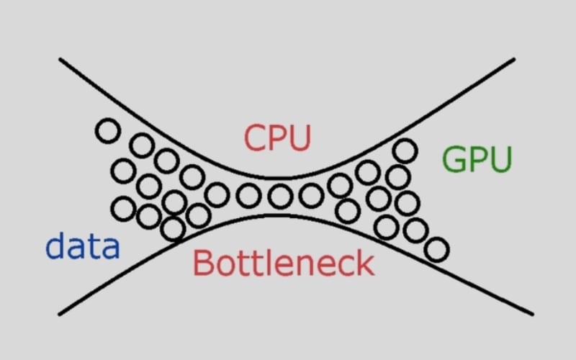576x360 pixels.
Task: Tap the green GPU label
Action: pyautogui.click(x=477, y=159)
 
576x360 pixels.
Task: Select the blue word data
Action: pyautogui.click(x=82, y=247)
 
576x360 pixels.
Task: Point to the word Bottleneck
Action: pyautogui.click(x=284, y=263)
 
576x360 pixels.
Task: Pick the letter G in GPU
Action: pyautogui.click(x=455, y=159)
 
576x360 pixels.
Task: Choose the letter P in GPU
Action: pyautogui.click(x=477, y=159)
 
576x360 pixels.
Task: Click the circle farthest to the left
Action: pyautogui.click(x=107, y=131)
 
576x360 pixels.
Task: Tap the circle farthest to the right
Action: pyautogui.click(x=436, y=250)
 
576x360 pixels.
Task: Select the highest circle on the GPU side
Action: pyautogui.click(x=405, y=150)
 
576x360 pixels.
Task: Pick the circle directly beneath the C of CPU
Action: pyautogui.click(x=248, y=194)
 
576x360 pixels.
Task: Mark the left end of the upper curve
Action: pyautogui.click(x=60, y=60)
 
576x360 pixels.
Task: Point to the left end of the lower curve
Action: pyautogui.click(x=59, y=313)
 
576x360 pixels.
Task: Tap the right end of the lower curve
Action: pyautogui.click(x=533, y=313)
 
